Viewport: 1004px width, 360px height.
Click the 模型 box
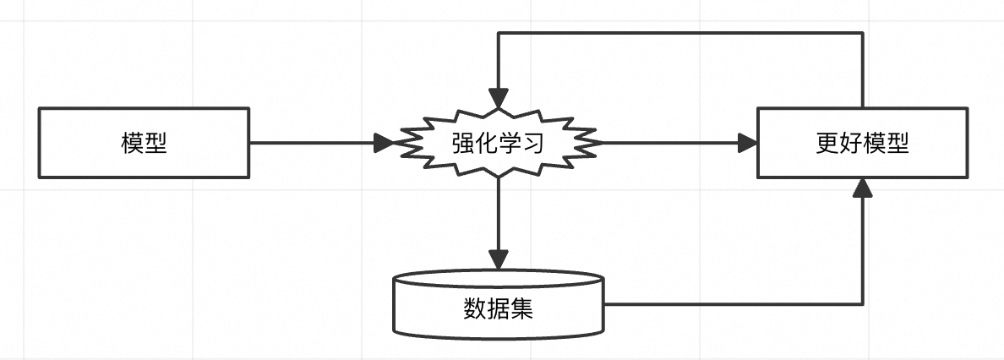pos(144,142)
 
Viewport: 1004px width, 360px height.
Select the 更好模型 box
pos(862,142)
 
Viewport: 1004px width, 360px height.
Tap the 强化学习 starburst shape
pos(499,142)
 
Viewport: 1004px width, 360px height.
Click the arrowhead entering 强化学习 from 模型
pos(385,143)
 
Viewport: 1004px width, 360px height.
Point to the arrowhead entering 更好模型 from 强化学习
pos(747,143)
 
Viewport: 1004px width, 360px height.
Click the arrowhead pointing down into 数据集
pos(499,259)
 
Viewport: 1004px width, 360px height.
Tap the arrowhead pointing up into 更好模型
pos(862,188)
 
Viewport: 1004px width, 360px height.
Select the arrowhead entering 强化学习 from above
pos(499,98)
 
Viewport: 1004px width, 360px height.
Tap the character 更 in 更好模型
pos(827,143)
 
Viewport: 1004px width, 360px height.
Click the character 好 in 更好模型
pos(850,143)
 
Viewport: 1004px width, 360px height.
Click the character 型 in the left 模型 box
pos(156,143)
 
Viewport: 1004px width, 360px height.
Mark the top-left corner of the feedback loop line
pos(499,33)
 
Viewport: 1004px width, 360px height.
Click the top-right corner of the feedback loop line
pos(862,33)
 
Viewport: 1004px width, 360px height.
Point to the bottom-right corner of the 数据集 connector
pos(862,303)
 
